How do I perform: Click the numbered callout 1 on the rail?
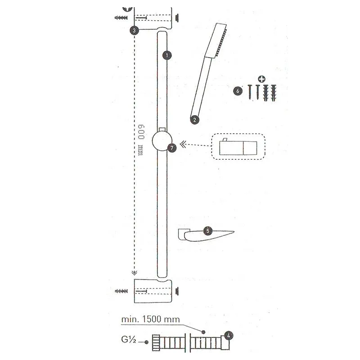click(167, 55)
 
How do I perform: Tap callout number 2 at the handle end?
click(195, 120)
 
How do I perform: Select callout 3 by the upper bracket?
click(134, 30)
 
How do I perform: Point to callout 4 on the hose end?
click(229, 336)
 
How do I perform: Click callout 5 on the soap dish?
click(208, 231)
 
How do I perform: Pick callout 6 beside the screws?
click(238, 91)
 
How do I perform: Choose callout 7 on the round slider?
click(172, 148)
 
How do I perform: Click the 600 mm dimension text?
click(141, 140)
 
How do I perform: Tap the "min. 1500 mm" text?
click(150, 319)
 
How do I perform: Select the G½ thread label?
click(129, 340)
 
